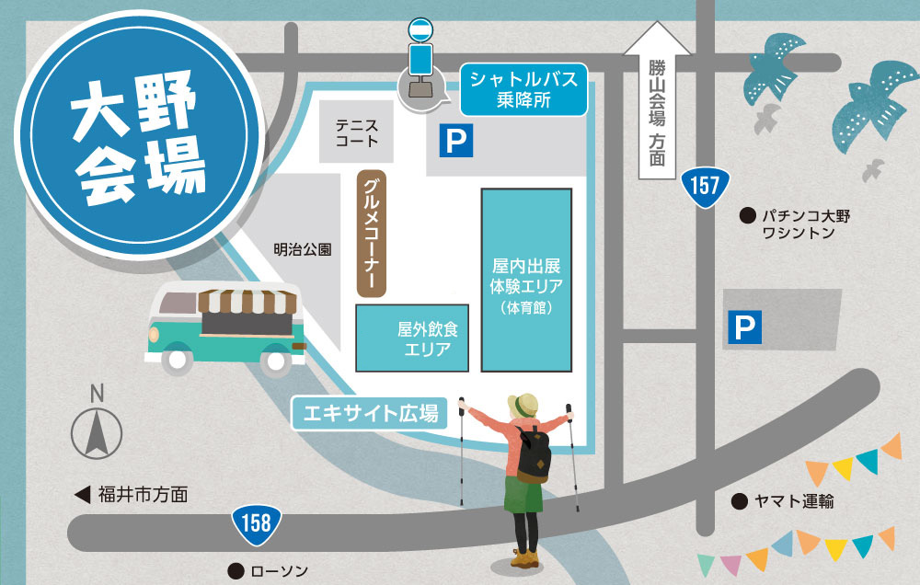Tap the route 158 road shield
[256, 523]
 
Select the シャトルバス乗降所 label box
[523, 90]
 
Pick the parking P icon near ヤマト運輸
[745, 327]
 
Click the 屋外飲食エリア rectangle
[413, 338]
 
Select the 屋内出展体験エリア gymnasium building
[526, 279]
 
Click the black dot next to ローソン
[236, 570]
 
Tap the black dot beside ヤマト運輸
[738, 501]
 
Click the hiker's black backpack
[533, 454]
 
